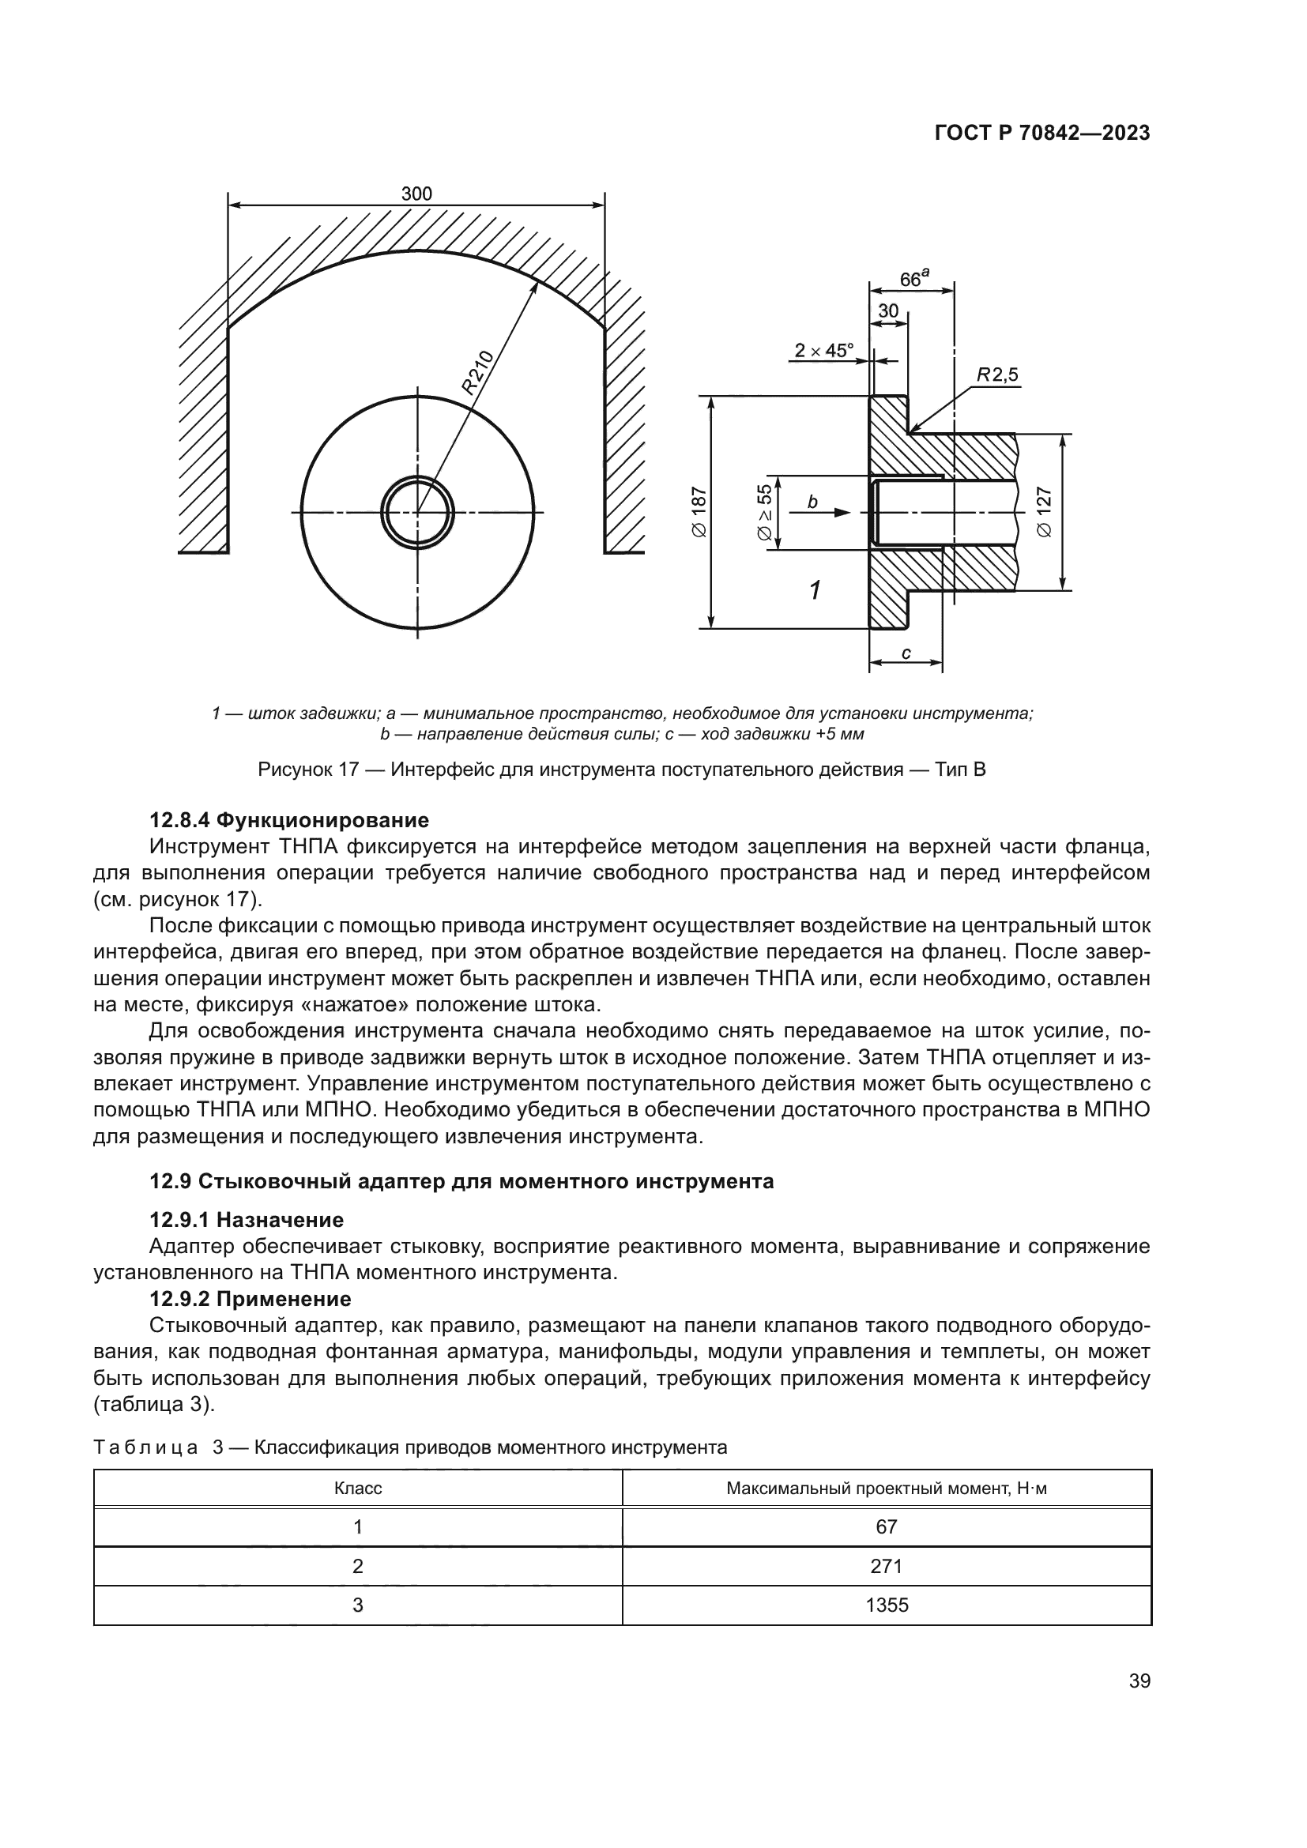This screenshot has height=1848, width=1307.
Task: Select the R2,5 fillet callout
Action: [997, 374]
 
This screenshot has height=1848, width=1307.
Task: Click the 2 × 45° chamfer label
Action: [823, 350]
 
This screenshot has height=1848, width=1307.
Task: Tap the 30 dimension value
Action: [887, 311]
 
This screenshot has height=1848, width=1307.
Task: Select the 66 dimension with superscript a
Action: [913, 278]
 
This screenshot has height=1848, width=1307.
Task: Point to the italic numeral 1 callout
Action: [815, 591]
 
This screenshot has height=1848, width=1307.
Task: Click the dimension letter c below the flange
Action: [906, 653]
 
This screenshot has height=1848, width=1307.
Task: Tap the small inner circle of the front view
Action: [417, 512]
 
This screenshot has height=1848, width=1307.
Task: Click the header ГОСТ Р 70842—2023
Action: [1042, 134]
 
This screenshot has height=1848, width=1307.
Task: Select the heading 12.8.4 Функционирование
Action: [289, 820]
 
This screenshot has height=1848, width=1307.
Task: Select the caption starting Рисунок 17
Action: [621, 770]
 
